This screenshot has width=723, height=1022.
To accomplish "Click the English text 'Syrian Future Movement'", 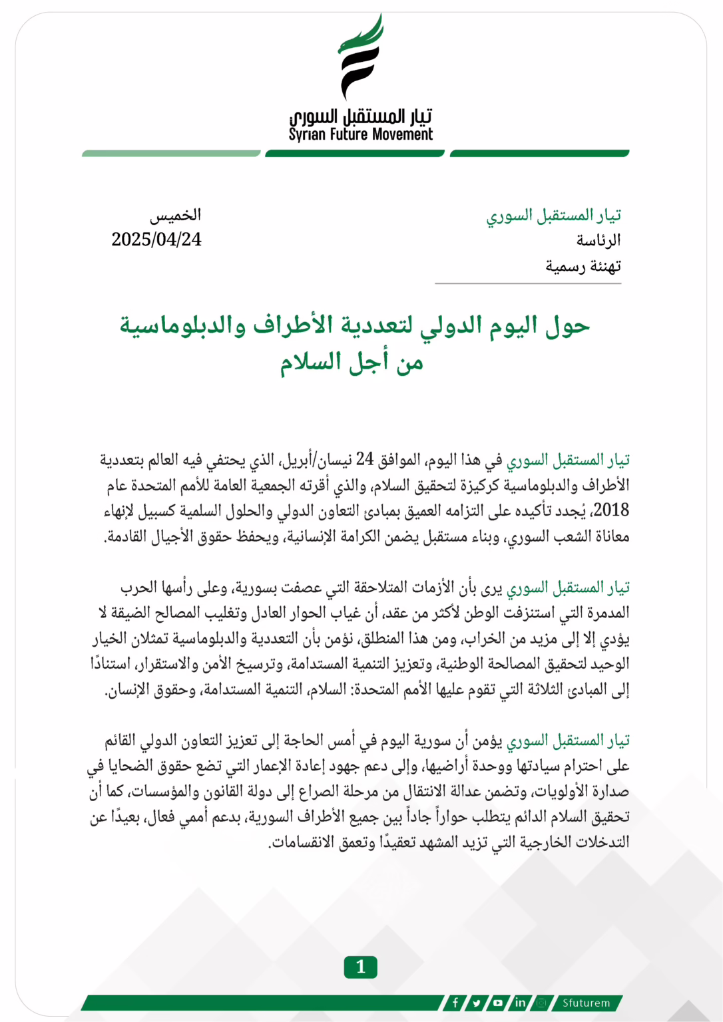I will pyautogui.click(x=360, y=134).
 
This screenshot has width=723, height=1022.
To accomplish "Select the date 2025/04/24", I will pyautogui.click(x=156, y=240).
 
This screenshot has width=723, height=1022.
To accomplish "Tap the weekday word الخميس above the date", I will pyautogui.click(x=175, y=215).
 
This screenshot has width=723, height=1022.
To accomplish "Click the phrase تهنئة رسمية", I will pyautogui.click(x=583, y=266).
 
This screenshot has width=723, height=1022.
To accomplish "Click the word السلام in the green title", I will pyautogui.click(x=314, y=362).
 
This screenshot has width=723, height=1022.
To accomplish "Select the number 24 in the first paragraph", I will pyautogui.click(x=365, y=459).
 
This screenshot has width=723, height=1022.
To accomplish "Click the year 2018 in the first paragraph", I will pyautogui.click(x=610, y=510).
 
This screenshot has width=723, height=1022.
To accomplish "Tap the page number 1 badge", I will pyautogui.click(x=360, y=967).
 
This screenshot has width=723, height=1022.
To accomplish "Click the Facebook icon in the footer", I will pyautogui.click(x=455, y=1003).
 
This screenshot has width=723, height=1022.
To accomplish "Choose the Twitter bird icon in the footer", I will pyautogui.click(x=477, y=1003).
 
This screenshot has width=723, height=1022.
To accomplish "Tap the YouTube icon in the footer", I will pyautogui.click(x=498, y=1003).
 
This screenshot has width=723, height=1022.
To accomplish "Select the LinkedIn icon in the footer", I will pyautogui.click(x=520, y=1003).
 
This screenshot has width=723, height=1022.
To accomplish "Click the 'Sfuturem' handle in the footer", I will pyautogui.click(x=586, y=1003).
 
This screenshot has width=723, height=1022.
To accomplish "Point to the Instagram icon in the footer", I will pyautogui.click(x=541, y=1003).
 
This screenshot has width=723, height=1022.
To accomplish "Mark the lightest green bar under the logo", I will pyautogui.click(x=171, y=154).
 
